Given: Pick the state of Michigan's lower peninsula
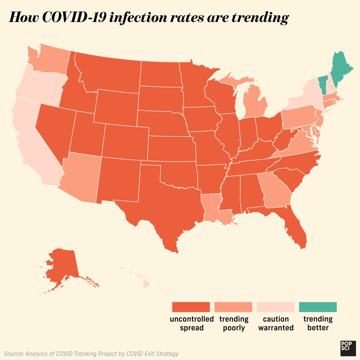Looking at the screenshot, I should pyautogui.click(x=255, y=103).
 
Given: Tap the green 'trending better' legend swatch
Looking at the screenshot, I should pyautogui.click(x=318, y=307).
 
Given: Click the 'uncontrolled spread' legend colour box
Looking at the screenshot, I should pyautogui.click(x=191, y=307).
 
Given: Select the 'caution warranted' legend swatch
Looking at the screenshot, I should pyautogui.click(x=275, y=307).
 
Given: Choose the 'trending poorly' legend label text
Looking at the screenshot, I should pyautogui.click(x=234, y=323).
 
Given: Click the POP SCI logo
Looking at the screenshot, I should pyautogui.click(x=346, y=346).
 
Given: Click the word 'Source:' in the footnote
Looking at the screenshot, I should pyautogui.click(x=14, y=353).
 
